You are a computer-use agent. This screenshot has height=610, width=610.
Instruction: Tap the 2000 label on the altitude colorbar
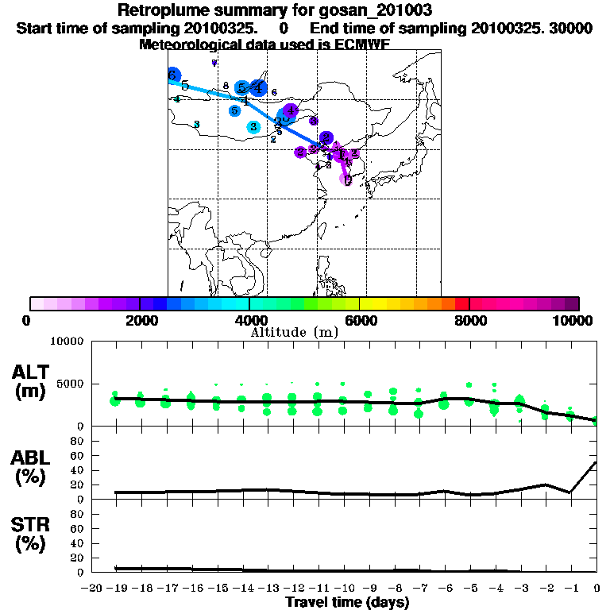click(x=139, y=320)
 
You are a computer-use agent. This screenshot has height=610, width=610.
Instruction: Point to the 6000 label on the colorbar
click(x=359, y=320)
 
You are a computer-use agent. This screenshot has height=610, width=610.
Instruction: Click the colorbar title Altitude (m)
click(x=295, y=332)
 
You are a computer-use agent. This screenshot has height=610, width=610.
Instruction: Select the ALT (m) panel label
click(x=32, y=381)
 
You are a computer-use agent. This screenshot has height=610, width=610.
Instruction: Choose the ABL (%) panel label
click(x=32, y=468)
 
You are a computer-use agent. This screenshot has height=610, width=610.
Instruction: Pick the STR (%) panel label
click(x=32, y=535)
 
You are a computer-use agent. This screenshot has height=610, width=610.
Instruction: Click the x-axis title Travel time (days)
click(x=347, y=602)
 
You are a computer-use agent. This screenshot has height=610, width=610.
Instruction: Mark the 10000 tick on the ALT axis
click(x=67, y=342)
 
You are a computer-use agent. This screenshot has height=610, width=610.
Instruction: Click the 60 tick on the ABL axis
click(x=77, y=455)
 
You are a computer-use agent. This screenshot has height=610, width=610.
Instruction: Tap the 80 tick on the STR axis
click(x=77, y=514)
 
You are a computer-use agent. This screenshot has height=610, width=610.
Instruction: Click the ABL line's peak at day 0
click(x=596, y=462)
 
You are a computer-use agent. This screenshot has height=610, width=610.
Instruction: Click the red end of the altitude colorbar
click(x=461, y=303)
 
